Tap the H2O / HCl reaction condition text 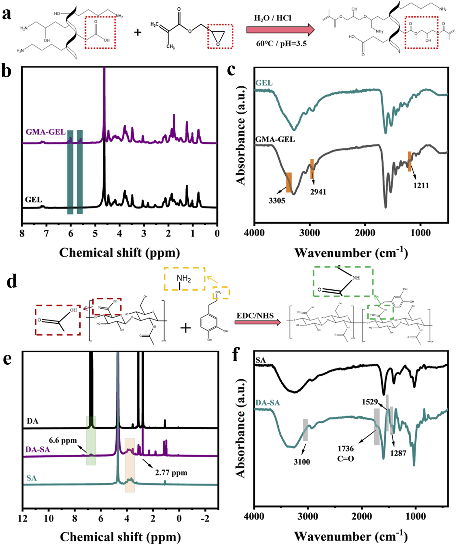pos(273,18)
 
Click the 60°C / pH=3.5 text pos(281,43)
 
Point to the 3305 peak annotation pos(277,201)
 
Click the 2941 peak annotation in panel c pos(318,191)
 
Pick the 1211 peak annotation pos(421,185)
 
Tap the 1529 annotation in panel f pos(370,401)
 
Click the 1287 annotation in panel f pos(398,453)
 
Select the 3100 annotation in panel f pos(302,462)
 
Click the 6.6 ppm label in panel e pos(63,440)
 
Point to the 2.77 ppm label pos(171,473)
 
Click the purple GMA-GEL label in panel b pos(46,132)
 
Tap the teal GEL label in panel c pos(264,83)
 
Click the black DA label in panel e pos(32,421)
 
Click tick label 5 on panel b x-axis pos(95,234)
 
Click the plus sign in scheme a pos(137,32)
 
